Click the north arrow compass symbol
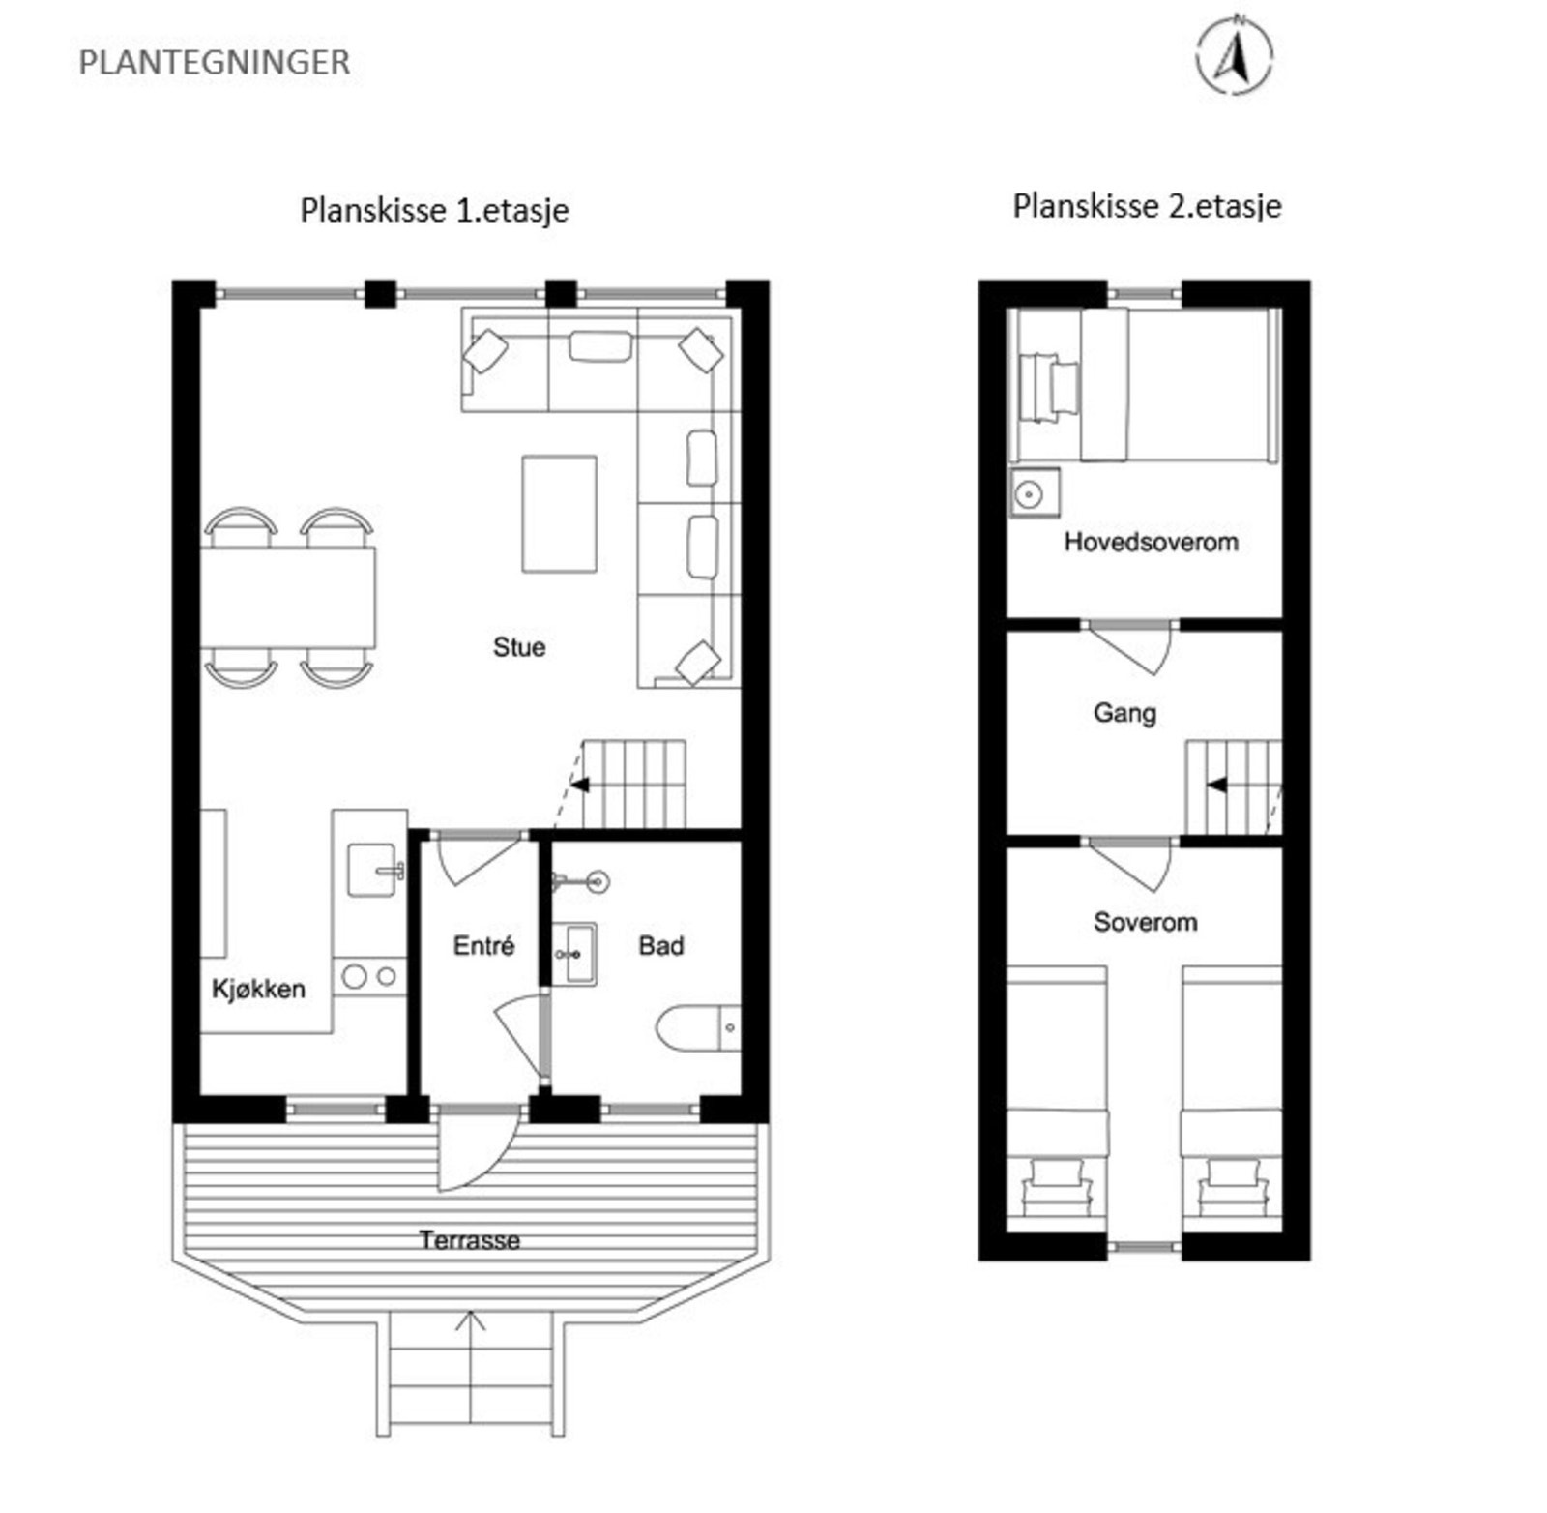tap(1234, 57)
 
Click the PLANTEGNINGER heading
tap(214, 63)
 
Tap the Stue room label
tap(519, 647)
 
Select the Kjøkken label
tap(258, 989)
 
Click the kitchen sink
tap(372, 870)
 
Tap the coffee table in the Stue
tap(559, 514)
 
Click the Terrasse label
tap(469, 1240)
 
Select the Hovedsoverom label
tap(1151, 542)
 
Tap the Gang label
tap(1124, 713)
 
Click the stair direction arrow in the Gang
tap(1217, 785)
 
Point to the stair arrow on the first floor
tap(580, 785)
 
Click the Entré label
tap(483, 946)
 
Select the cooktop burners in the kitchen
tap(369, 977)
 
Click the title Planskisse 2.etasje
tap(1147, 206)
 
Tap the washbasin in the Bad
tap(577, 954)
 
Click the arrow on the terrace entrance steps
tap(470, 1321)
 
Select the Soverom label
tap(1145, 922)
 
